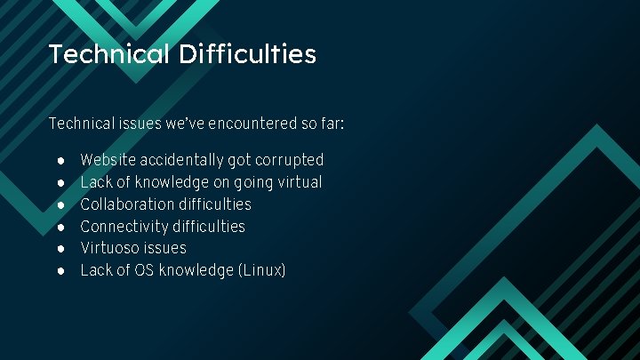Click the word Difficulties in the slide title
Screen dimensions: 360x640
coord(247,54)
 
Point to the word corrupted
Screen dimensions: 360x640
coord(290,160)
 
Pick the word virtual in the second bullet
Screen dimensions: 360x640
coord(299,182)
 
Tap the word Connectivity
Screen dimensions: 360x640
coord(123,227)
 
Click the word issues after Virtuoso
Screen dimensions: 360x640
coord(166,248)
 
